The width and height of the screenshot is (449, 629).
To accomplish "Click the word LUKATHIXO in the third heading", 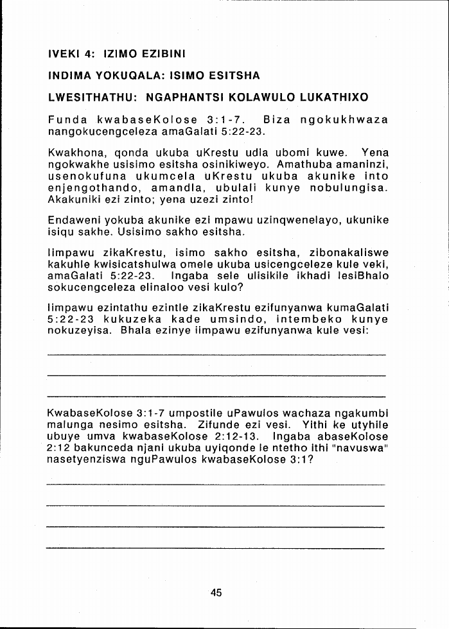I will coord(335,98).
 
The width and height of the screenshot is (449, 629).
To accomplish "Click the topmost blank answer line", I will coord(216,354).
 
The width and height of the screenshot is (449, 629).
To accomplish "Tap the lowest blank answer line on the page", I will coord(216,548).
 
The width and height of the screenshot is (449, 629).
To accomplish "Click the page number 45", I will coord(216,593).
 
